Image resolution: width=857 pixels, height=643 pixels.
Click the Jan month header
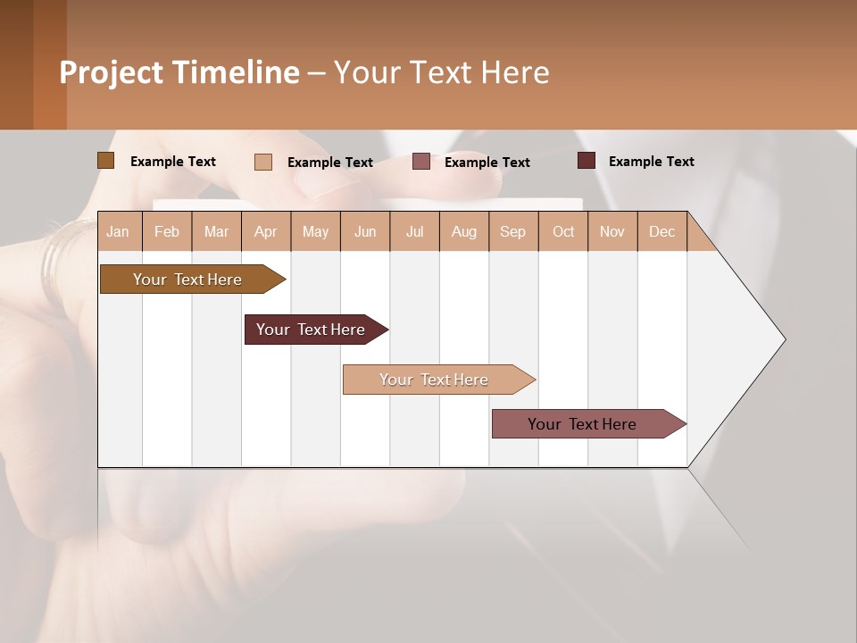coord(119,231)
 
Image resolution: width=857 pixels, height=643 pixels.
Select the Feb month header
coord(167,231)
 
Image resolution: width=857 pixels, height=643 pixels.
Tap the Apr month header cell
coord(266,231)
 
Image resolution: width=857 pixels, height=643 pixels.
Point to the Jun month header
coord(365,231)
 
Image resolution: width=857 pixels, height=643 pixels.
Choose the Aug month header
coord(464,231)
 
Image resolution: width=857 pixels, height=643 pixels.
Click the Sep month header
coord(513,231)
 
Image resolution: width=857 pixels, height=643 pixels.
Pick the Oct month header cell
coord(563,231)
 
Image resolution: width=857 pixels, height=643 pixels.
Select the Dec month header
coord(662,231)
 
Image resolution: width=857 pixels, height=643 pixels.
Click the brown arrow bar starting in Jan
coord(187,280)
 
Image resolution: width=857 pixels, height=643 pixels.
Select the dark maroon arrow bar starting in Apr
coord(312,330)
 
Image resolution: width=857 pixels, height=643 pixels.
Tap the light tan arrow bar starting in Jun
coord(435,380)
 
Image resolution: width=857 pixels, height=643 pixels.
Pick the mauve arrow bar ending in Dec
coord(583,424)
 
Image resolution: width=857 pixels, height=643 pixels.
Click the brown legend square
coord(106,161)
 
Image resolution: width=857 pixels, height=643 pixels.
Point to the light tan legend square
coord(263,162)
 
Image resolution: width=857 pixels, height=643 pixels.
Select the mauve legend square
coord(421,162)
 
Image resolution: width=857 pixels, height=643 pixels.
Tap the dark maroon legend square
coord(587,161)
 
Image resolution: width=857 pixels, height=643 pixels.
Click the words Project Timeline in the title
coord(179,72)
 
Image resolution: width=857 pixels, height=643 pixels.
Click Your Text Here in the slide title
coord(441,72)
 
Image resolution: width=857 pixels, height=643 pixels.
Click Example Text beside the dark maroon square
coord(651,161)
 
